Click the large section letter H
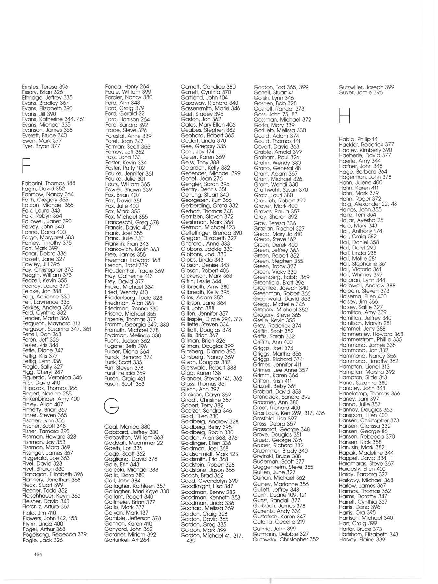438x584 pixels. point(345,116)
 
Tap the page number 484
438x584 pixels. point(38,554)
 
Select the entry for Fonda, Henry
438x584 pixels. point(127,87)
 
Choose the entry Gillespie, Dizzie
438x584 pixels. point(211,319)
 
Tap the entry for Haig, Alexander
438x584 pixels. point(368,204)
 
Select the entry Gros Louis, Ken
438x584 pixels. point(288,413)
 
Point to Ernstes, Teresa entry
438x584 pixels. point(45,87)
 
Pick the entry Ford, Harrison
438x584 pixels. point(127,119)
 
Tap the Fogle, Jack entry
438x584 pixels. point(43,540)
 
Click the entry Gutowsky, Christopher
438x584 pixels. point(286,539)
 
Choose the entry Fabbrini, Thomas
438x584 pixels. point(48,183)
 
